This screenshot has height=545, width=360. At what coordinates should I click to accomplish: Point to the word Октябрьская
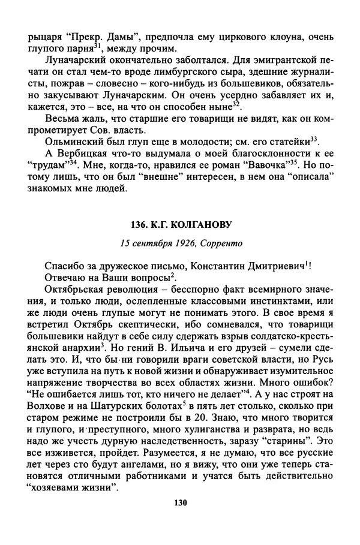coord(74,290)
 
